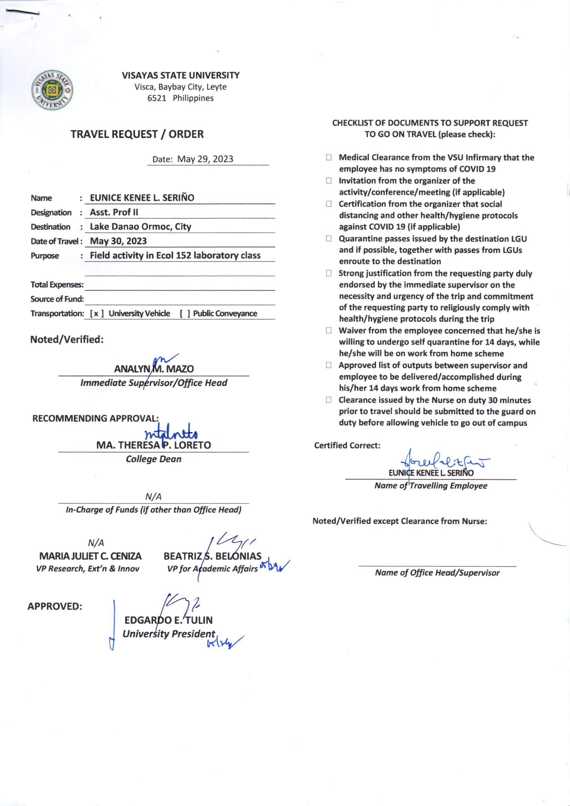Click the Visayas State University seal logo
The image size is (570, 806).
52,90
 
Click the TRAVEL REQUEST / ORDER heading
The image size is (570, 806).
137,134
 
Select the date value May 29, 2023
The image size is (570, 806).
205,159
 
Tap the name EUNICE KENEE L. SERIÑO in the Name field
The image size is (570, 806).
142,198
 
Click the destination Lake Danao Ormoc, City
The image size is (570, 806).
140,226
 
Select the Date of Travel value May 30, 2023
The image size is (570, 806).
118,241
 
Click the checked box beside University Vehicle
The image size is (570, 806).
96,313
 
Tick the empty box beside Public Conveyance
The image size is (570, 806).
185,313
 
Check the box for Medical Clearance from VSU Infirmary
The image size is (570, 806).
328,157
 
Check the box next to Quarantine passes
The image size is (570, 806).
328,238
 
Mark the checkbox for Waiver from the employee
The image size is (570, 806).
328,330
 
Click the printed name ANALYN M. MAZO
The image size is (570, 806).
154,369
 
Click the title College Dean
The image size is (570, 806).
154,459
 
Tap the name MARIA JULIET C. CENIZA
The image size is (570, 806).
90,556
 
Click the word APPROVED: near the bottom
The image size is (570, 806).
55,606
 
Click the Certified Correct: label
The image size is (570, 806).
347,445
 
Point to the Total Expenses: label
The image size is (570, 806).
57,284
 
